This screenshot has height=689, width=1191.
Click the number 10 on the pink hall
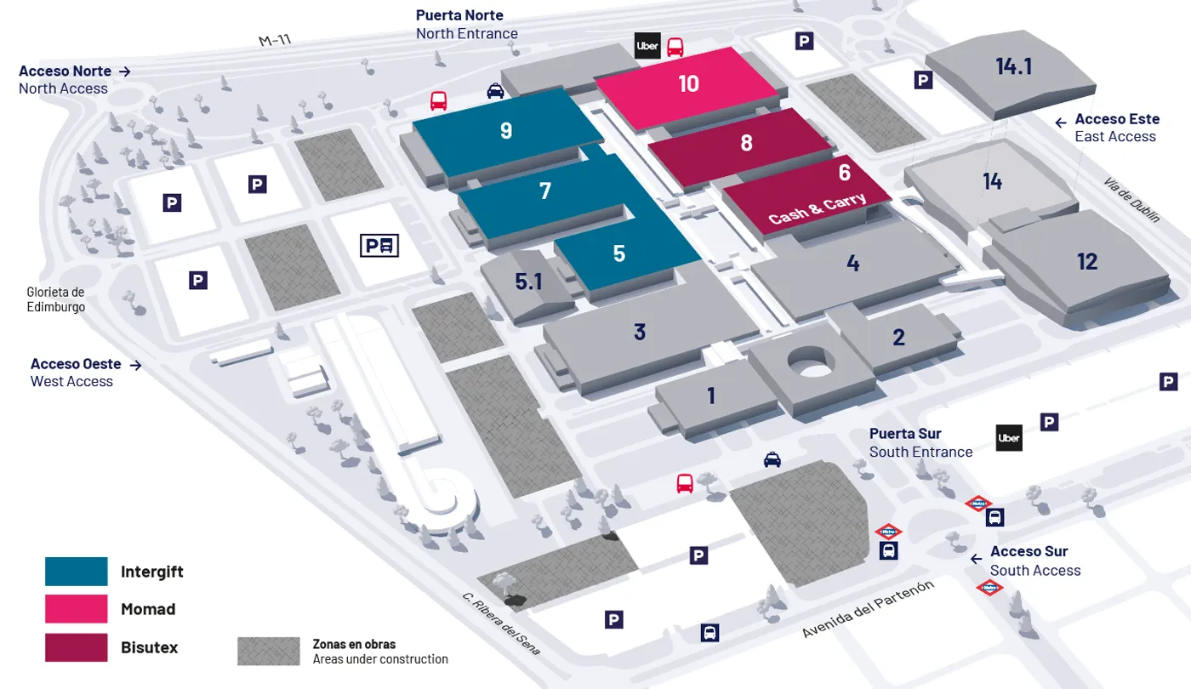tap(688, 83)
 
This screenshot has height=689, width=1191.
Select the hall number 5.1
tap(528, 282)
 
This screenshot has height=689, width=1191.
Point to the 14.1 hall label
tap(1013, 66)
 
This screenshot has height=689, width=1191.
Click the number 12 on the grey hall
tap(1086, 261)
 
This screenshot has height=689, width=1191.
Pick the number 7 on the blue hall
tap(545, 191)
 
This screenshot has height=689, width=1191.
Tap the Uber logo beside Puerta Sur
tap(1009, 438)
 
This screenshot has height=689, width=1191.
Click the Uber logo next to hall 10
tap(647, 46)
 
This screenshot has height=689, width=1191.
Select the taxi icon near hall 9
tap(495, 91)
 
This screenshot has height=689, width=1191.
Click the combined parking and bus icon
tap(379, 246)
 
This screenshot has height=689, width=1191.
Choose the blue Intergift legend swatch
tap(77, 572)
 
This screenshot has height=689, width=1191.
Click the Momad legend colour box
tap(77, 609)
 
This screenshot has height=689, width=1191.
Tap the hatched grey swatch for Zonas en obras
tap(268, 652)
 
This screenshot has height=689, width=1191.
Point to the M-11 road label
tap(275, 40)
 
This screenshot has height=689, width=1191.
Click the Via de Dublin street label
tap(1132, 200)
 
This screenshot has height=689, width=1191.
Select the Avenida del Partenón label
tap(869, 609)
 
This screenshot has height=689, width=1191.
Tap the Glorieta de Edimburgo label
tap(55, 299)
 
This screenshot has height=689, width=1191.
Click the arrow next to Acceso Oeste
tap(134, 365)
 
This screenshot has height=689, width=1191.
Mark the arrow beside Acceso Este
tap(1061, 122)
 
